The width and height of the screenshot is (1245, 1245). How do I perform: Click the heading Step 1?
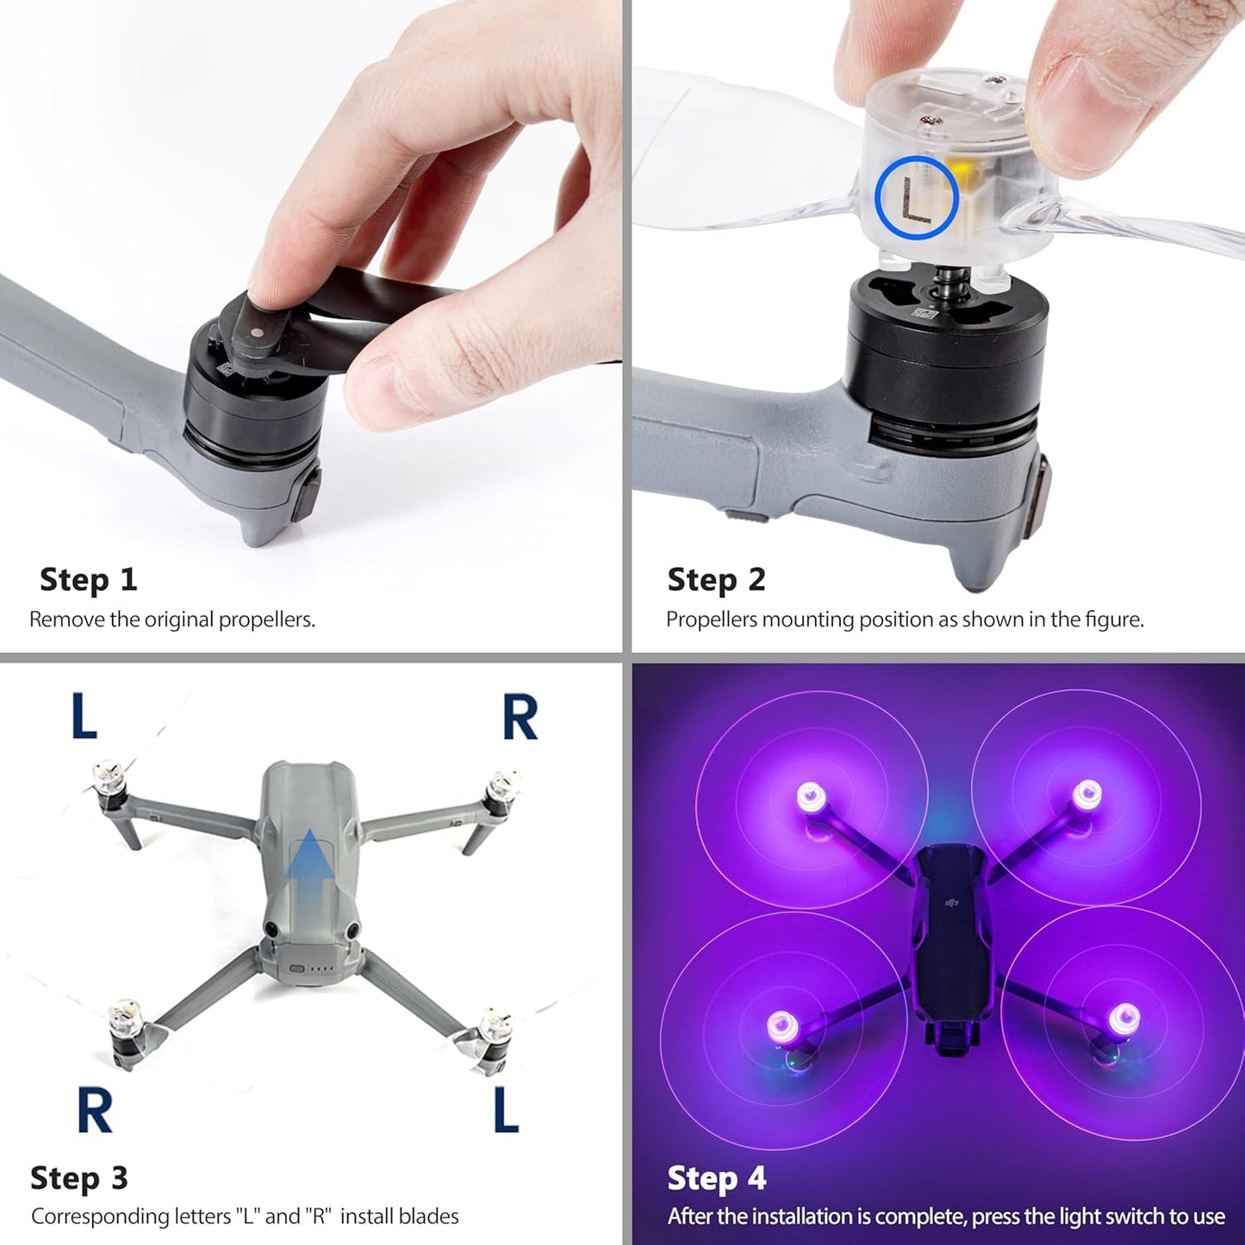point(88,580)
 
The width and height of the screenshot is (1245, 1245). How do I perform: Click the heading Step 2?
point(716,580)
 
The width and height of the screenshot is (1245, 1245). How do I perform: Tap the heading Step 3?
point(78,1178)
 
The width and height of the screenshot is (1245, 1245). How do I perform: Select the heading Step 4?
point(716,1178)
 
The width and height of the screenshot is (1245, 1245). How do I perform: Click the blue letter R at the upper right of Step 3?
point(520,718)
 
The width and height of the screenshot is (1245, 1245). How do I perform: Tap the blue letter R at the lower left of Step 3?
point(95,1111)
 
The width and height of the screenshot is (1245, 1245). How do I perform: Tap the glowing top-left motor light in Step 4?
point(811,796)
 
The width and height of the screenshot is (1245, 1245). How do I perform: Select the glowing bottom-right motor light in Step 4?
point(1123,1019)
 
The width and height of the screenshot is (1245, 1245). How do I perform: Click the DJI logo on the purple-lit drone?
point(951,902)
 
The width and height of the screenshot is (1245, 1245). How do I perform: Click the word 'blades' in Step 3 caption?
point(428,1217)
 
